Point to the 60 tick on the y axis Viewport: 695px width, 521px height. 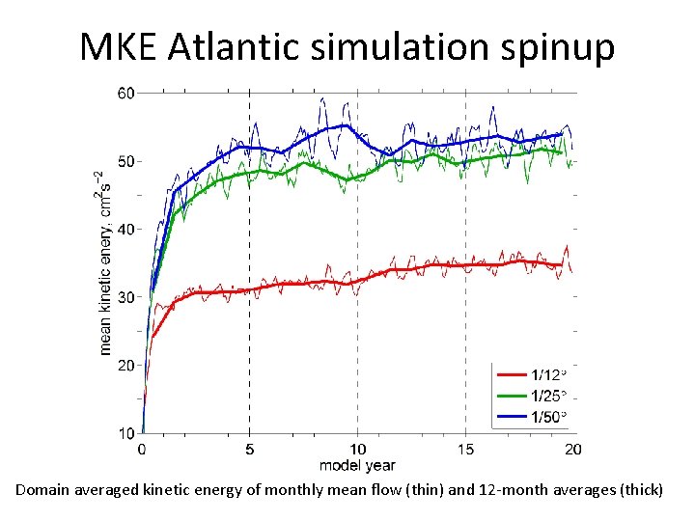point(125,93)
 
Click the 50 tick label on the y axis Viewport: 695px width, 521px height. point(125,161)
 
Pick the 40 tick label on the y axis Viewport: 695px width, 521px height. point(125,229)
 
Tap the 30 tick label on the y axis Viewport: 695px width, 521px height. point(125,297)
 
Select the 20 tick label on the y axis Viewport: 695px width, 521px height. point(125,365)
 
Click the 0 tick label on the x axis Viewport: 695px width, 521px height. point(143,449)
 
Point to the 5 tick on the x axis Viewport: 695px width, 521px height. point(250,449)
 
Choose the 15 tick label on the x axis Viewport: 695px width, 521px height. point(465,449)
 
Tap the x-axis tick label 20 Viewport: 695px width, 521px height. point(572,449)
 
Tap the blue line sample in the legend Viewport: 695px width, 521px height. point(511,417)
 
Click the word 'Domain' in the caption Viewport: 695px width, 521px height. point(44,489)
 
